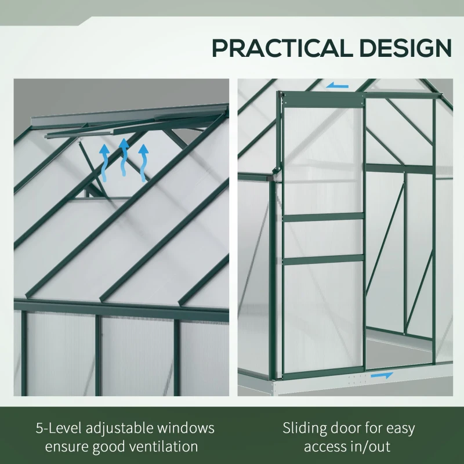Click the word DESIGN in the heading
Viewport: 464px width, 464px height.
405,48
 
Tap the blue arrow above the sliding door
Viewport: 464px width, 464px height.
337,85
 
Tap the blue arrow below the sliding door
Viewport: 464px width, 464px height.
382,375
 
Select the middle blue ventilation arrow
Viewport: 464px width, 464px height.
124,157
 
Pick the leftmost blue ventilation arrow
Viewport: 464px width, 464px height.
104,163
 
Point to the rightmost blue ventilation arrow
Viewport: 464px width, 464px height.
143,163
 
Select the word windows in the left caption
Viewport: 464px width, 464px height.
186,428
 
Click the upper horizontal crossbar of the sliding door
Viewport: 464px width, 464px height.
324,217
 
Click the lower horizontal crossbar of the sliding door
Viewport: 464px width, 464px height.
324,259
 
